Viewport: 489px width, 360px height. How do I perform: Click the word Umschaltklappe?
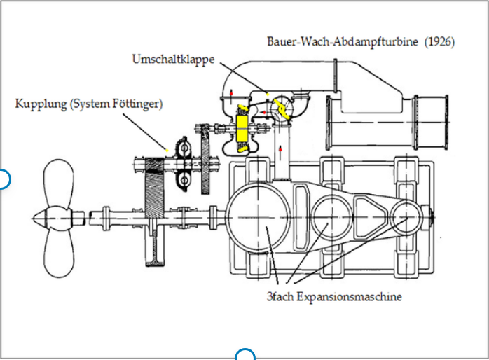[174, 60]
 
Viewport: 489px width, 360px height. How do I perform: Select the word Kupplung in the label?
[41, 104]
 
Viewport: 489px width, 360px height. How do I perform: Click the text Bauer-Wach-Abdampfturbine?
[342, 41]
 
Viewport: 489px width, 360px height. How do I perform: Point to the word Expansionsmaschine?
[349, 296]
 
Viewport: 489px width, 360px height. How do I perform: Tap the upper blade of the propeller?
[58, 184]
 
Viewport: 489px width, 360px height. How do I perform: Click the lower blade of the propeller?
[59, 252]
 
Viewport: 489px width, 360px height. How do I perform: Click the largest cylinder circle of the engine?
[258, 218]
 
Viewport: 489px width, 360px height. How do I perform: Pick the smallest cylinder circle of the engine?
[406, 218]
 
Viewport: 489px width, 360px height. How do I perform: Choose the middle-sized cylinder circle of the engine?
[332, 217]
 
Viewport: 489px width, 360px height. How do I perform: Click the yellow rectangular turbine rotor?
[242, 129]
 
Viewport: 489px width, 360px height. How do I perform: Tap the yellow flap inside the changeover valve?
[282, 109]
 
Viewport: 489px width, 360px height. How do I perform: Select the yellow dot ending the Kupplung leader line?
[167, 151]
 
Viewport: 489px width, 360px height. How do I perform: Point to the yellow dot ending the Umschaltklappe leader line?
[267, 93]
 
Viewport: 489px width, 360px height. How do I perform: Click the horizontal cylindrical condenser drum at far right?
[387, 123]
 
